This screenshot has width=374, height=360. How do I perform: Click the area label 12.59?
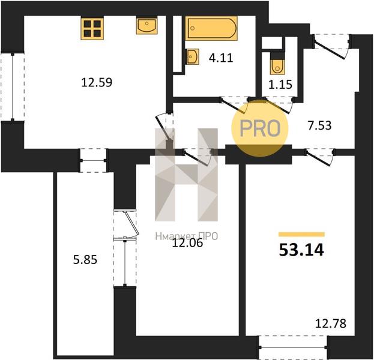coord(97,82)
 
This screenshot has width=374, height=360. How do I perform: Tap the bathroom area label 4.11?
coord(221,58)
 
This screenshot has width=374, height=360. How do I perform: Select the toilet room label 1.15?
coord(280,85)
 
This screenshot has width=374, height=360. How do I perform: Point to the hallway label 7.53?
coord(319,125)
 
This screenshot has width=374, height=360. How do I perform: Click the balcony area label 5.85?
coord(85,260)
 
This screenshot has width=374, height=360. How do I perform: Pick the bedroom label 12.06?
coord(187,243)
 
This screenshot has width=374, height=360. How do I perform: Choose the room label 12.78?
coord(331,324)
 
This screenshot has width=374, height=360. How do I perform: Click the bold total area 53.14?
coord(301,250)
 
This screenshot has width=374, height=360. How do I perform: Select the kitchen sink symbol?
coord(147,25)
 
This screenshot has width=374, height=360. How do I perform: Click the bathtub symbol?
coord(211,28)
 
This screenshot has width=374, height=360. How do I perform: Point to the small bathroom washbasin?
coord(192,56)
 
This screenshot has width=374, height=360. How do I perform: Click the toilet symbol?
coord(277,64)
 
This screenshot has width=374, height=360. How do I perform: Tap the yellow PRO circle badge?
coord(260,128)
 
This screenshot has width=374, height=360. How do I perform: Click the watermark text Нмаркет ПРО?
coord(187,236)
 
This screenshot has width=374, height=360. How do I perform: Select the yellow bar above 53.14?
coord(302,235)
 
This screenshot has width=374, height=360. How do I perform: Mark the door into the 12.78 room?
coord(320,157)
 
